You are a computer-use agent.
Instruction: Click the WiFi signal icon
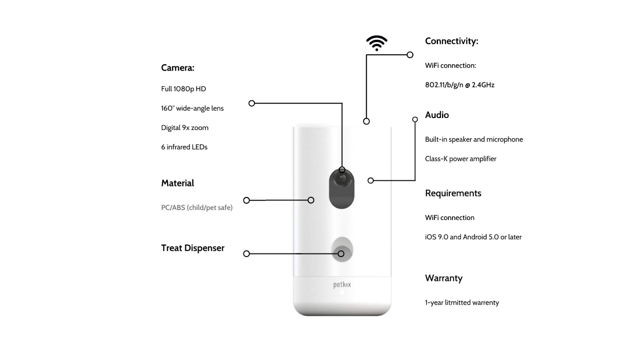(377, 43)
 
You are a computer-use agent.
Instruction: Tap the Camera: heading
(178, 68)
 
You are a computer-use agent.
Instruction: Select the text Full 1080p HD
(184, 89)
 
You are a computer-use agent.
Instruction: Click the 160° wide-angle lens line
(192, 108)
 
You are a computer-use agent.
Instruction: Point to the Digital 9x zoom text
(185, 128)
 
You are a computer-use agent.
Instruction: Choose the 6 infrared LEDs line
(184, 147)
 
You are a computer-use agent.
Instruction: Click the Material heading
(178, 183)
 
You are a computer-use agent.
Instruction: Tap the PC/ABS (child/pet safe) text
(197, 208)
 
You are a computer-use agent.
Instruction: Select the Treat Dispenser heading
(193, 248)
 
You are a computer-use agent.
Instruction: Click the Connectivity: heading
(452, 41)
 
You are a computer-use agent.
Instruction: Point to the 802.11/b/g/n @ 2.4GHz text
(460, 85)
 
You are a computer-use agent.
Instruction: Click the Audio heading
(437, 115)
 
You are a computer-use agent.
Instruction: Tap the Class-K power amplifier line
(460, 159)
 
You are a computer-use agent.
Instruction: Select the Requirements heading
(453, 193)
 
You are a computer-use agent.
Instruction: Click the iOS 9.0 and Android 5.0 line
(474, 237)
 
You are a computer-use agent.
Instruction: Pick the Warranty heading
(444, 278)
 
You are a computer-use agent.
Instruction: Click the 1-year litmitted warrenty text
(462, 302)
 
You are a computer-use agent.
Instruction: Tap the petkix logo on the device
(342, 285)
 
